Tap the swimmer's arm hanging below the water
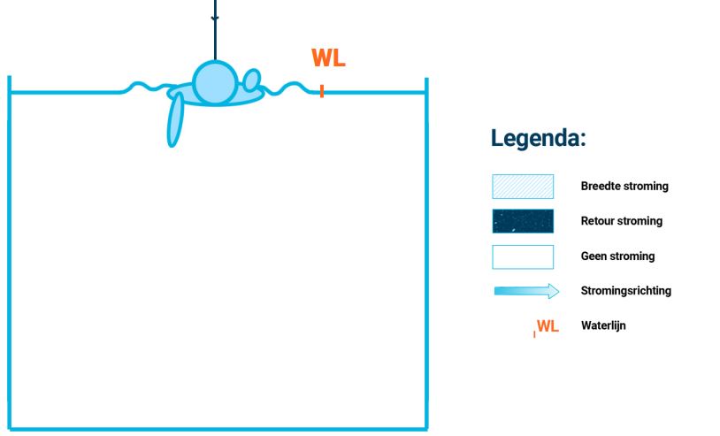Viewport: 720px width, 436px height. [177, 119]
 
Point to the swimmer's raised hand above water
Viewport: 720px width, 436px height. [251, 80]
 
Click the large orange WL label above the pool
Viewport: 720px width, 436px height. [327, 59]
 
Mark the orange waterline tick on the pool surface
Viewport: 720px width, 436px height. [322, 90]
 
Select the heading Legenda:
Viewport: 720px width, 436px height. [539, 138]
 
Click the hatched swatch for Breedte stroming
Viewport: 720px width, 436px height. [523, 187]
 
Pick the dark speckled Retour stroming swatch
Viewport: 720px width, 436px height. [523, 221]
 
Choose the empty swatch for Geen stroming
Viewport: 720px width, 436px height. [523, 256]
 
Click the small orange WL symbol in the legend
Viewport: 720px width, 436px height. [548, 326]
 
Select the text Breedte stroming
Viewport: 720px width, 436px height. [624, 187]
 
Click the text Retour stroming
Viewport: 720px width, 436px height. [621, 221]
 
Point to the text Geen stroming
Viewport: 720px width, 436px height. [617, 256]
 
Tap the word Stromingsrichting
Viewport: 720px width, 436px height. [625, 291]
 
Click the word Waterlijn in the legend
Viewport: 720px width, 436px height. [603, 325]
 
